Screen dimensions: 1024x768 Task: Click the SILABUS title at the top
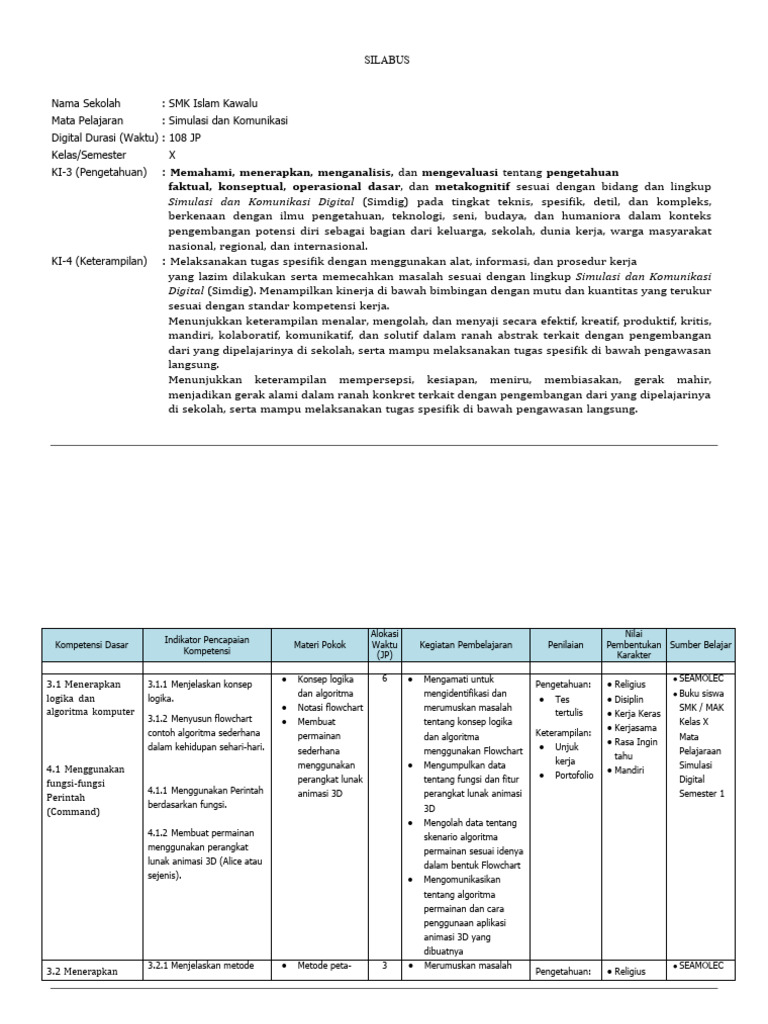click(385, 60)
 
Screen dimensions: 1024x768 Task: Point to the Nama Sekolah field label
click(86, 103)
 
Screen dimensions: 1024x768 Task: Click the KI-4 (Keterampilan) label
click(99, 261)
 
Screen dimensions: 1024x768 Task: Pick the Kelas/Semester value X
click(172, 155)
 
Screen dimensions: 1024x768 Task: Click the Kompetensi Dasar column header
click(93, 645)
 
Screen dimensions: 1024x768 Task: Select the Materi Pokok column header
click(320, 645)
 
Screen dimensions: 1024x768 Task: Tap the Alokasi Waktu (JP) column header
click(385, 645)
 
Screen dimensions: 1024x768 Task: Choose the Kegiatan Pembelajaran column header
click(465, 645)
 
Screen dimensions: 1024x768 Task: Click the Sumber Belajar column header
click(697, 645)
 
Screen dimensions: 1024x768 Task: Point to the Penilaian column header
click(563, 645)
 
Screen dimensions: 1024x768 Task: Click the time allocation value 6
click(385, 678)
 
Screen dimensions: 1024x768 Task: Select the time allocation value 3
click(385, 965)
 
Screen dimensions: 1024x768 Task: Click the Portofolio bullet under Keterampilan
click(574, 774)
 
